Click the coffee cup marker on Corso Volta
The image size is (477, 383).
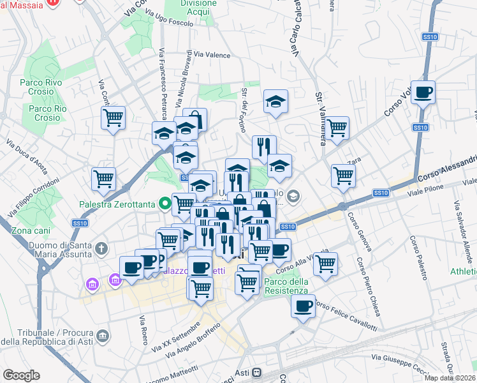tap(423, 93)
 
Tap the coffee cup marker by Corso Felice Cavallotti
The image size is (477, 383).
tap(303, 306)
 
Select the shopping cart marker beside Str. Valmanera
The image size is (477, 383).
tap(337, 128)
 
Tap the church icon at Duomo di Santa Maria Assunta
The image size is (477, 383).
tap(101, 248)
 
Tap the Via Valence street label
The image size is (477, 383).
tap(212, 56)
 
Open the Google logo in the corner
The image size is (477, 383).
tap(22, 375)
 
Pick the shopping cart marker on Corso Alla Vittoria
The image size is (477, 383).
tap(325, 262)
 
